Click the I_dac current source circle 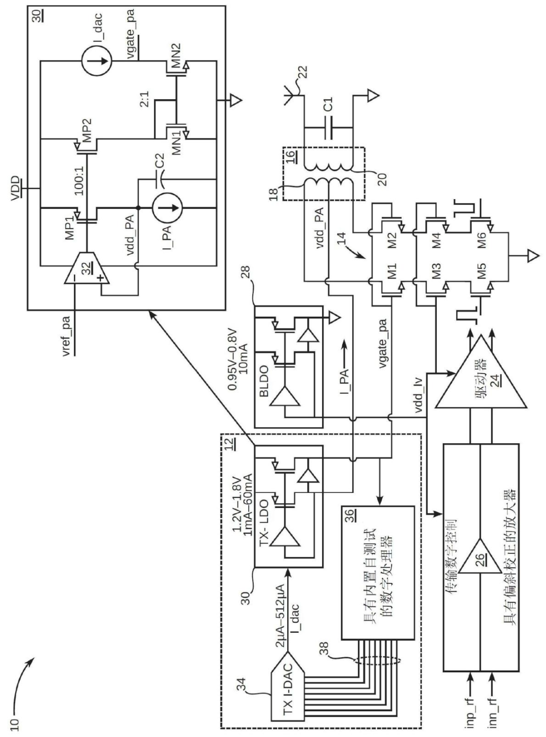pos(97,61)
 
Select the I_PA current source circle pos(167,208)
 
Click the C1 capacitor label pos(328,105)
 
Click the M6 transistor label pos(481,239)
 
